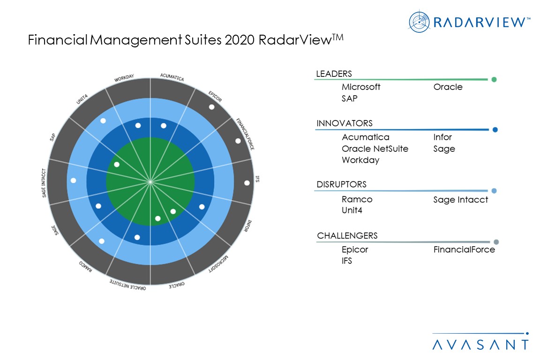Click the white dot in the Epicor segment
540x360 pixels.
(211, 107)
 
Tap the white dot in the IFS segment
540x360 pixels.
(247, 183)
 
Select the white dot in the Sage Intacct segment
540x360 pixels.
(73, 180)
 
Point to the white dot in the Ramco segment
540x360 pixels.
(102, 241)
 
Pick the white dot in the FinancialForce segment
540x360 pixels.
(238, 141)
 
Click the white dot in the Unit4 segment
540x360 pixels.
(103, 121)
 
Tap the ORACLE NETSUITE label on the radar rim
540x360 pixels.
(127, 285)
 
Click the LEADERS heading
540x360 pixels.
(334, 74)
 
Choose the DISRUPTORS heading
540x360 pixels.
(341, 184)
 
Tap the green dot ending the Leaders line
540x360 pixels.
(494, 80)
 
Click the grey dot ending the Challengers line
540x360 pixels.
(496, 242)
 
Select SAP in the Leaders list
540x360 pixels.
(349, 98)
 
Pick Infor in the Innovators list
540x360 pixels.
(442, 137)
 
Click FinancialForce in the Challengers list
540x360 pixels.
(464, 250)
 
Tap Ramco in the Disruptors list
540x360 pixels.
(357, 199)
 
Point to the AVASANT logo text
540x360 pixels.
(480, 345)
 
